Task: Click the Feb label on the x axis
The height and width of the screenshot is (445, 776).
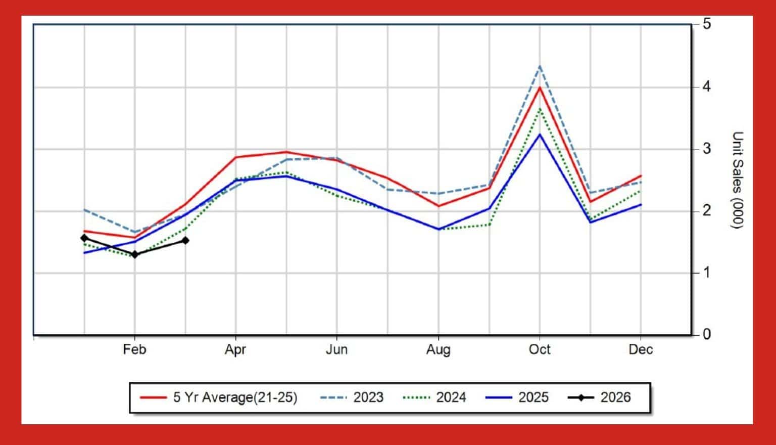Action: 134,349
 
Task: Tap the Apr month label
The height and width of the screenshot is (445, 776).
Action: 235,349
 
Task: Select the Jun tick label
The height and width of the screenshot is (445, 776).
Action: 336,349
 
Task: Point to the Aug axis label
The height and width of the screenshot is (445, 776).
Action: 438,349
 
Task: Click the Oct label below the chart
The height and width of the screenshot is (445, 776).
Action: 540,349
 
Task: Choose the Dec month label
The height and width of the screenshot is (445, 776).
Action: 641,349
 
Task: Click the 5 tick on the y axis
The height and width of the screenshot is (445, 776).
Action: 706,24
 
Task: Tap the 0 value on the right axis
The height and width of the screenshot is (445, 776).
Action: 706,334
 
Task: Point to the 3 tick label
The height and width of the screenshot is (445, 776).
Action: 706,149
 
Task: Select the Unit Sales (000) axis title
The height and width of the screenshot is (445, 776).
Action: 738,180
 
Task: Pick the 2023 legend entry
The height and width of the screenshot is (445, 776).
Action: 368,397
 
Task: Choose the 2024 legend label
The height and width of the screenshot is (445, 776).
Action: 451,397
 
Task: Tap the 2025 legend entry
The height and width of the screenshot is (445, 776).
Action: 533,397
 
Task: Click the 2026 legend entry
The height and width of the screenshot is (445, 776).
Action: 615,397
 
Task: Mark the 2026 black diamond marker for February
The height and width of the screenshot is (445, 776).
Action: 134,254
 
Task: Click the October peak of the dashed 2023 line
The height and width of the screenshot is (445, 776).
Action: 540,66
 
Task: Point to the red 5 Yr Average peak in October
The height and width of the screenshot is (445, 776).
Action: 540,87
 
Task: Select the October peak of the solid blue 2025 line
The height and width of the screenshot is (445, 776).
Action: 540,134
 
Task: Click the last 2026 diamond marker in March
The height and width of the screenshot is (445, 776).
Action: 185,241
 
